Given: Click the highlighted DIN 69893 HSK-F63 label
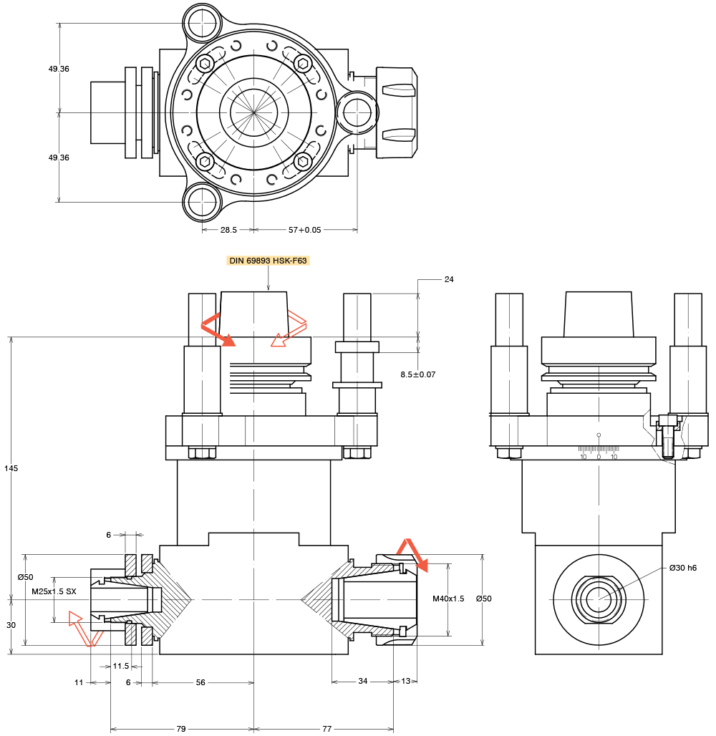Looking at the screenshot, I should (268, 261).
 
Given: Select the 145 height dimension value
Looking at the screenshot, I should (11, 468).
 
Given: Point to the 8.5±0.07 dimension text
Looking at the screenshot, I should (418, 374).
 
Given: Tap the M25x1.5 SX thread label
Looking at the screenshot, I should (54, 591).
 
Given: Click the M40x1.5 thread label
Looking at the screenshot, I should (448, 599).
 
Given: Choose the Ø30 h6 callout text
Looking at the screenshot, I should (683, 568).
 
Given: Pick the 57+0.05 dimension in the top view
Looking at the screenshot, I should (304, 230).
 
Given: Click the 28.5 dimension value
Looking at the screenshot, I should (228, 230).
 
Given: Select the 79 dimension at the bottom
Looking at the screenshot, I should (181, 729).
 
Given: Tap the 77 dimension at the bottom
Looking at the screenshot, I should (326, 729).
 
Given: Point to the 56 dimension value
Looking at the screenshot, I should (200, 682).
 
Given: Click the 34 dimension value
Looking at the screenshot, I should (362, 682).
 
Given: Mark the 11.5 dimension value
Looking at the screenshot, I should (121, 666).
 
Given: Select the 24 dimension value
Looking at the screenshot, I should (449, 279).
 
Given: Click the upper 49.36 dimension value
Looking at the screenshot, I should (59, 69).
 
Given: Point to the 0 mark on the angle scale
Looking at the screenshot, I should (599, 456).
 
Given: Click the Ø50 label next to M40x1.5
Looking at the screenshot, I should (484, 599).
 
